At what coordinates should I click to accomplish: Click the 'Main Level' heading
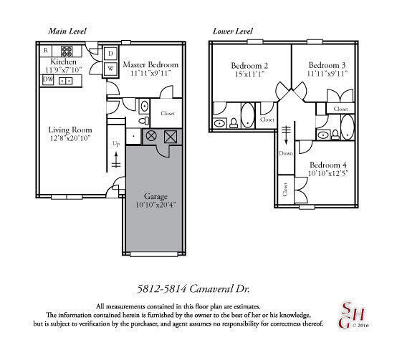coord(68,31)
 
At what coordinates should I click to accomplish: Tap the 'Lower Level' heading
coord(234,31)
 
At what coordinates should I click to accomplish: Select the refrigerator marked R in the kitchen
coord(46,51)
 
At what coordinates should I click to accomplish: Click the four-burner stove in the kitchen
coord(67,51)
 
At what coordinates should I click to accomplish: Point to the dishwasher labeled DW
coord(48,80)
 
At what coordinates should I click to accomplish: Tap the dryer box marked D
coord(112,54)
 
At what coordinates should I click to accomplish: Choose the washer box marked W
coord(112,69)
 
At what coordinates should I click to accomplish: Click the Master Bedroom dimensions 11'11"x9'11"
coord(153,74)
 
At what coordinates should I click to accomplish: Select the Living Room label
coord(68,130)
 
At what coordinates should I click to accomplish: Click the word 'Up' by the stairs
coord(117,143)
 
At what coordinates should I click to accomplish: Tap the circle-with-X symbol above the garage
coord(151,136)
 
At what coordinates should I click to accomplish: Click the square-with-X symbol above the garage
coord(170,136)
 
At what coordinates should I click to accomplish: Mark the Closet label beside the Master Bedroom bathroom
coord(168,113)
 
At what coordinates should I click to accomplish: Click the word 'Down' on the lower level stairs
coord(286,152)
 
